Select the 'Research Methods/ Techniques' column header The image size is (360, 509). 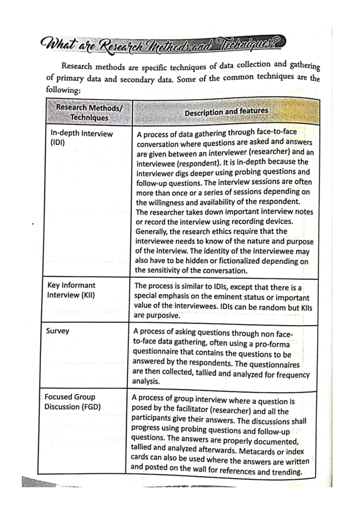(89, 112)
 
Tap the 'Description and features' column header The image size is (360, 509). (226, 112)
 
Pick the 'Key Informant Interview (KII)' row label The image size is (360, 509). (71, 290)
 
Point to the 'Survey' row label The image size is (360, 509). (58, 331)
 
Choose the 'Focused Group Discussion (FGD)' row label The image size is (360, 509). (72, 402)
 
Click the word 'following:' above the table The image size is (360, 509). (63, 90)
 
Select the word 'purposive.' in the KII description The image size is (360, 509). (157, 316)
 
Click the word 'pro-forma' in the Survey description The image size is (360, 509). (272, 344)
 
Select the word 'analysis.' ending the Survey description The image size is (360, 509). (146, 381)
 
